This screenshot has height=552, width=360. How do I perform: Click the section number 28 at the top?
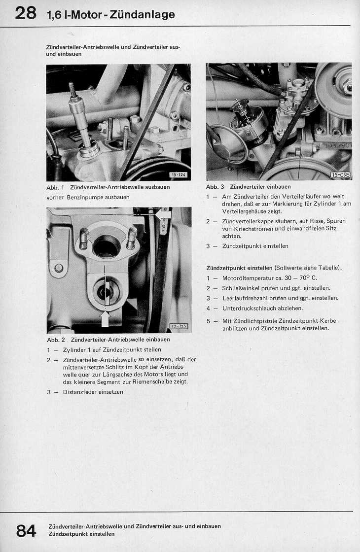click(26, 13)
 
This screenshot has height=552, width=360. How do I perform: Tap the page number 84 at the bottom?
click(26, 530)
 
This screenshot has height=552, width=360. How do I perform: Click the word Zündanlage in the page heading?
click(143, 15)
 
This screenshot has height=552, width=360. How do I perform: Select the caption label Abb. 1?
click(55, 187)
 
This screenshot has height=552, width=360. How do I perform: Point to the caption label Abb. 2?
click(56, 340)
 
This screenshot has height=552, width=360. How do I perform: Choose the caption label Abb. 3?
click(215, 187)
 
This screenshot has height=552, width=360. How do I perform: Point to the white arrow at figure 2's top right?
click(164, 214)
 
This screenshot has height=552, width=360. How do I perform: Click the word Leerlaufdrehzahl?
click(245, 298)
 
